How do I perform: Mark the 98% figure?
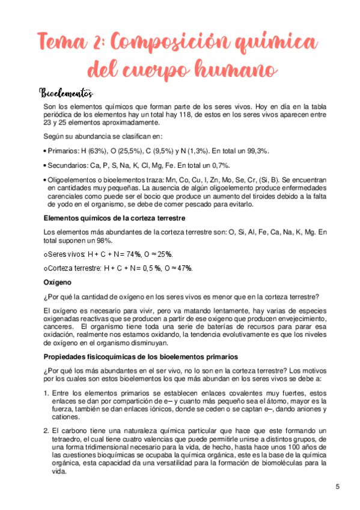[x=91, y=239]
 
